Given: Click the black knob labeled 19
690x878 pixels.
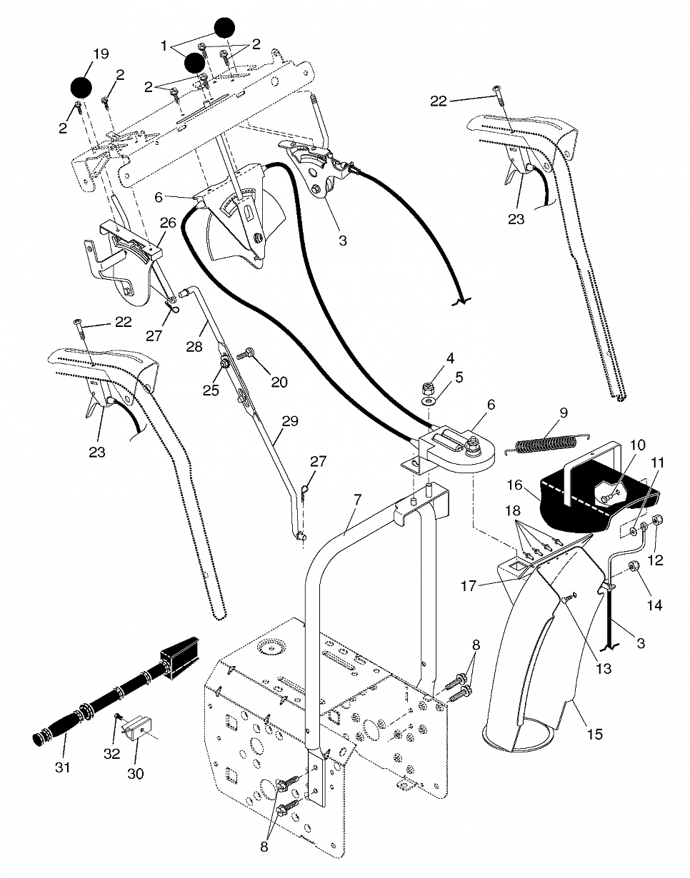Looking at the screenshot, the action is click(81, 87).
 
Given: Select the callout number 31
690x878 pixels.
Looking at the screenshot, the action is click(63, 767).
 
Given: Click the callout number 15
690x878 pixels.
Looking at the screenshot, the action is click(595, 733).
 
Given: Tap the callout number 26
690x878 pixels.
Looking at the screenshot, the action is click(168, 222).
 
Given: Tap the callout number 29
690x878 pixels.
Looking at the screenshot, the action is click(290, 421).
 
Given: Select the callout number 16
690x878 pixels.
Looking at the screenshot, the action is click(515, 485).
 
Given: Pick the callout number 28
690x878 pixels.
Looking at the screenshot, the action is click(194, 347).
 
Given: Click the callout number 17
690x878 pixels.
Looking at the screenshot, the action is click(469, 585).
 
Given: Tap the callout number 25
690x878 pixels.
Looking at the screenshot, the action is click(211, 390).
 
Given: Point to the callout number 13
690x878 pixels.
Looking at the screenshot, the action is click(604, 669).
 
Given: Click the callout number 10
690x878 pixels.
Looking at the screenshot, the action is click(637, 445).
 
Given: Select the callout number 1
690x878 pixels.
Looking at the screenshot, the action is click(164, 46).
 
